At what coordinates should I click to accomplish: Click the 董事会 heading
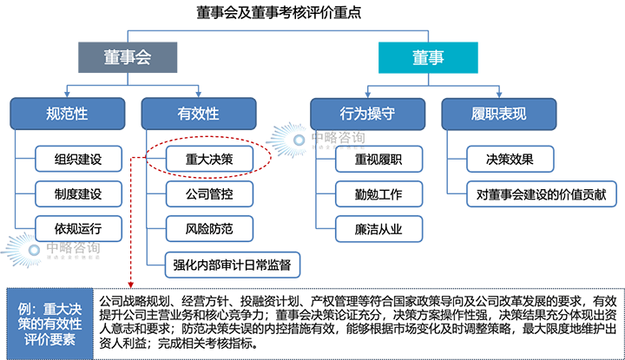click(x=128, y=59)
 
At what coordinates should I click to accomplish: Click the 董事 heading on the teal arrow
click(x=428, y=59)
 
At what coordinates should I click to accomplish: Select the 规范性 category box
click(x=67, y=113)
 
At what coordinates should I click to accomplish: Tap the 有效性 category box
click(x=198, y=113)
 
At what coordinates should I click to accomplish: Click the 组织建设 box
click(x=78, y=160)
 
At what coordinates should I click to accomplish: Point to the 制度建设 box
click(x=78, y=194)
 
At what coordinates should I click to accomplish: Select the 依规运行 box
click(x=78, y=229)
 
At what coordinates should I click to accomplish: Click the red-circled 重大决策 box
click(x=209, y=160)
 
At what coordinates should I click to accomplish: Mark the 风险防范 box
click(x=209, y=229)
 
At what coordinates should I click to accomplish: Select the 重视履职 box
click(x=378, y=160)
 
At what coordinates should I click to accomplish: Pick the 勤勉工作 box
click(x=378, y=194)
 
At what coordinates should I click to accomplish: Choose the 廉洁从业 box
click(x=378, y=229)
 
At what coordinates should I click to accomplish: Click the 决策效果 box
click(x=509, y=160)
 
